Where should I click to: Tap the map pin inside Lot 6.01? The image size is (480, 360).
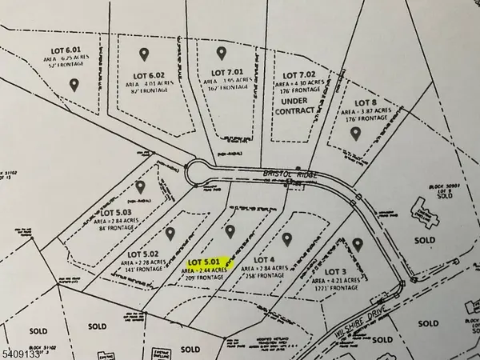pos(74,83)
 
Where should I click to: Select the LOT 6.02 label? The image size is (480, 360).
pos(144,77)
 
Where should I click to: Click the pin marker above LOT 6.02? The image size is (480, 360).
pos(144,54)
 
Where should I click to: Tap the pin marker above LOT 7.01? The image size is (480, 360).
pos(222,53)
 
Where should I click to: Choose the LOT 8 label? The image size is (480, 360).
pos(366,103)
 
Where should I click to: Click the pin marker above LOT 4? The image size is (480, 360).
pos(287,238)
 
